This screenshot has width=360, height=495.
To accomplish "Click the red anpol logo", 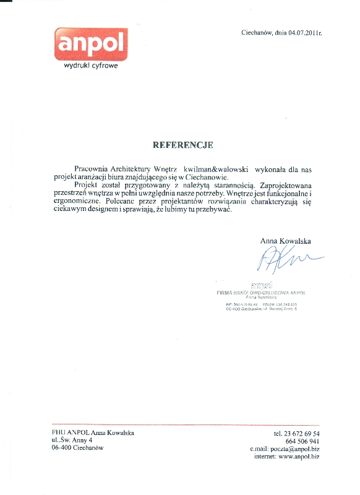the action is [x=90, y=43].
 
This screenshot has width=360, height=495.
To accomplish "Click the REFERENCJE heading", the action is [x=183, y=145].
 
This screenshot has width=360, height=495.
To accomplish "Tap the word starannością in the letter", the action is [x=232, y=185].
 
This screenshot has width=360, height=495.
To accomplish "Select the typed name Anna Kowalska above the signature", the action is [x=285, y=241].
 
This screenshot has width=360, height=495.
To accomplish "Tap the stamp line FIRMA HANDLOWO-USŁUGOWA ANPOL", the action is [x=262, y=292].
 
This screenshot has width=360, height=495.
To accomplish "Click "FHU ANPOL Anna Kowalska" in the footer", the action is [x=93, y=433].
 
